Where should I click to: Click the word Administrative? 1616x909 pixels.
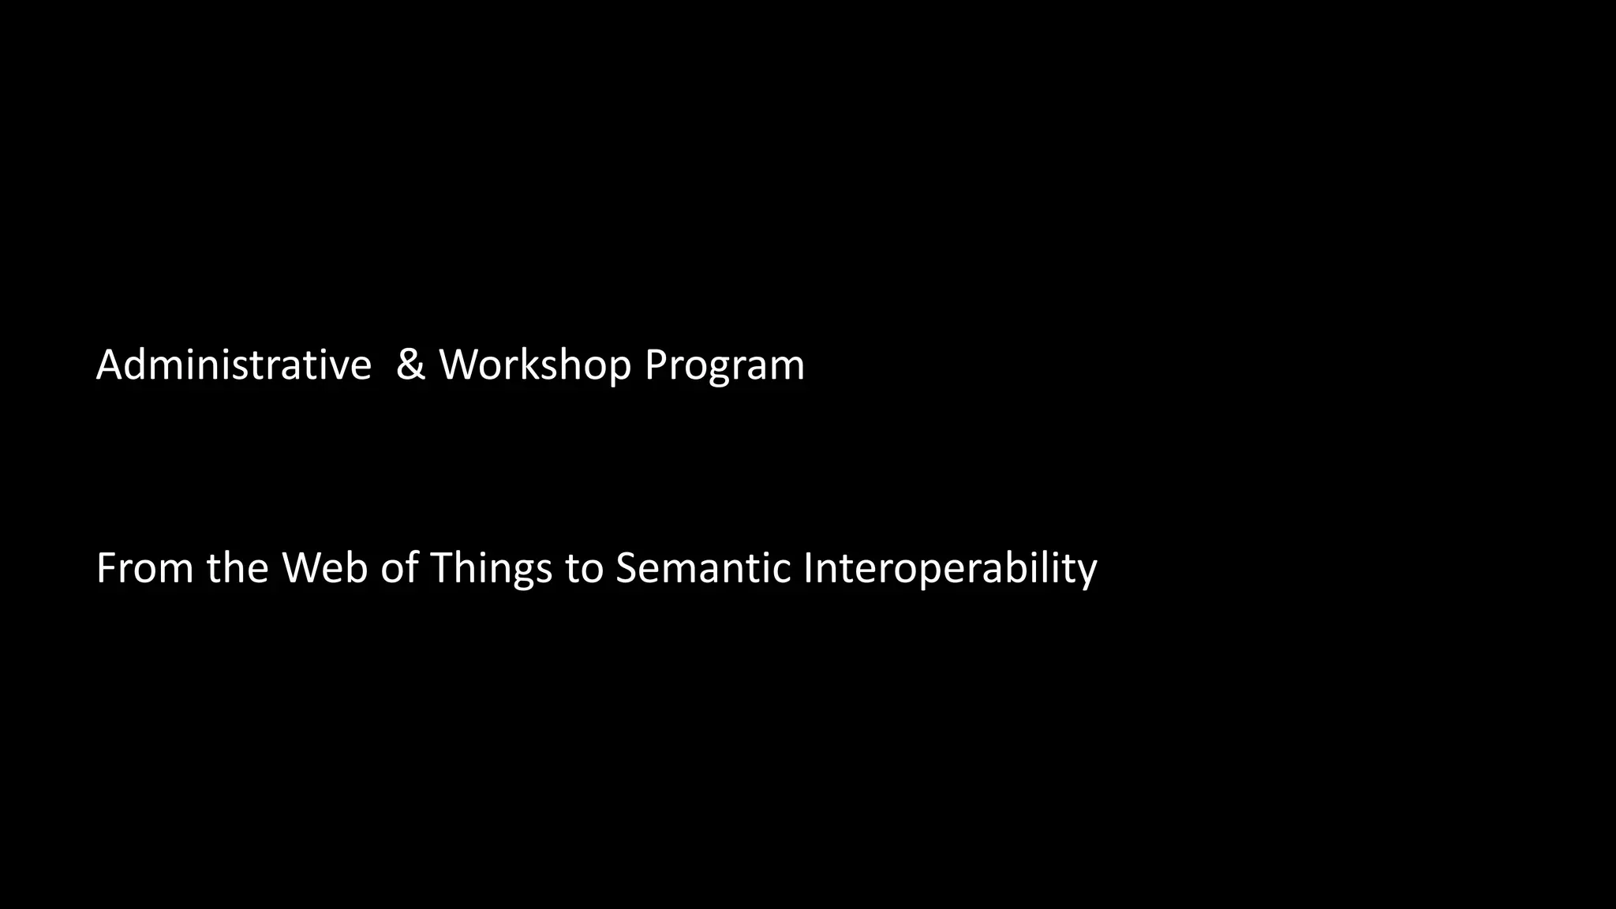pos(234,365)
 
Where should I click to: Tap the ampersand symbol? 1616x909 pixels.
pos(410,365)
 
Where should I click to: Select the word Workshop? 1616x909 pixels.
pos(535,365)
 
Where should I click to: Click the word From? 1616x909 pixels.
pos(144,568)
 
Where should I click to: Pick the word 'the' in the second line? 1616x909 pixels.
pos(238,568)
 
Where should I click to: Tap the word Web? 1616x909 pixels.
pos(325,568)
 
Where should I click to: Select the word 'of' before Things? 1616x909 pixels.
pos(399,568)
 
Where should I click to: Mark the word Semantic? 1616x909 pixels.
pos(703,568)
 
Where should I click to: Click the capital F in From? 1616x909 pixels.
pos(105,568)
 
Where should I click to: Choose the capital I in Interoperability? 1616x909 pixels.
pos(808,568)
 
